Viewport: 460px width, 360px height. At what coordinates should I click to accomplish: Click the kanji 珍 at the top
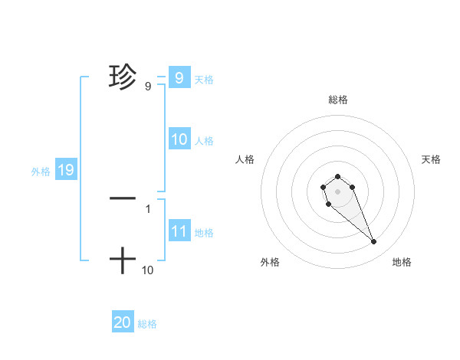point(123,77)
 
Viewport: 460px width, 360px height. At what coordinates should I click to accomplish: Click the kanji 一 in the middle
point(123,198)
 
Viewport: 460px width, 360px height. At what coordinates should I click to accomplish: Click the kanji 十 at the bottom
point(123,261)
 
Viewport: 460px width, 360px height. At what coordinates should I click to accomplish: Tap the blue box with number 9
point(179,77)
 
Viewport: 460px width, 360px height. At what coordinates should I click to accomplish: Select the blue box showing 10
point(179,139)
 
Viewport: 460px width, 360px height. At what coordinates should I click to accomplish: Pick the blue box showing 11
point(179,231)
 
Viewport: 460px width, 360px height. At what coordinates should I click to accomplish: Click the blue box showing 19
point(66,170)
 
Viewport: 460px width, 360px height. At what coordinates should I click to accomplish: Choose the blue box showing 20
point(123,322)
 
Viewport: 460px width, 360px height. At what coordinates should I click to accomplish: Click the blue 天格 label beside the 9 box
point(204,80)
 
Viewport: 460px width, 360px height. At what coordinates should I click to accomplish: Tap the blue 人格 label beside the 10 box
point(204,141)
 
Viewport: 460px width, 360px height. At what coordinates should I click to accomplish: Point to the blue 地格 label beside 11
point(204,233)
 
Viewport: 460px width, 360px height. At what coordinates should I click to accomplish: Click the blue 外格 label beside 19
point(41,172)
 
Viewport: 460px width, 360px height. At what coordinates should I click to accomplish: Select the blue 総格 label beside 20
point(147,324)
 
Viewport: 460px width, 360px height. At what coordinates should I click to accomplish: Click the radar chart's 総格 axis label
point(338,100)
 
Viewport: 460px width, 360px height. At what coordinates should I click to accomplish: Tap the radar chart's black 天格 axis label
point(431,159)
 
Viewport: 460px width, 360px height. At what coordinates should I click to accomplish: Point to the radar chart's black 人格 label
point(245,159)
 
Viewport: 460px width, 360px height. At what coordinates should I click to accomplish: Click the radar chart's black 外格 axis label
point(270,262)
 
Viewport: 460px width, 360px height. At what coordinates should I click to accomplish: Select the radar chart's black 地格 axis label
point(402,262)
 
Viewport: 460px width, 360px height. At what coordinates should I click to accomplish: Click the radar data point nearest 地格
point(374,242)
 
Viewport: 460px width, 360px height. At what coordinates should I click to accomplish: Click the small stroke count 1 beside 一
point(147,208)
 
